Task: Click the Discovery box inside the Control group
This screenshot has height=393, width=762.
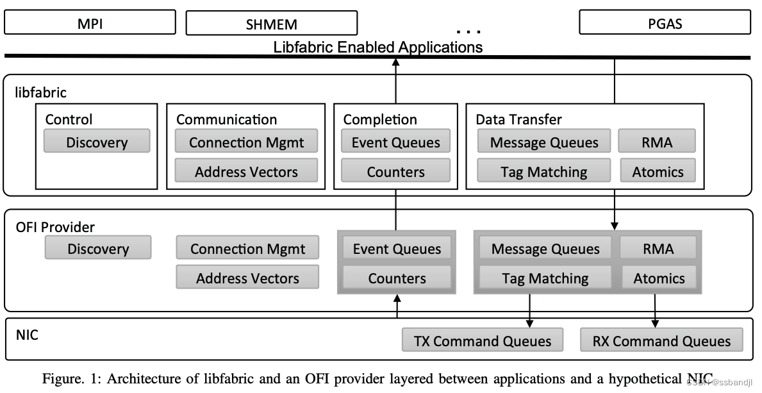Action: pyautogui.click(x=97, y=142)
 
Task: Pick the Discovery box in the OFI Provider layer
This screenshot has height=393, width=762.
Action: pyautogui.click(x=98, y=248)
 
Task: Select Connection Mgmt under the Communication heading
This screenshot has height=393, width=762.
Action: pyautogui.click(x=246, y=142)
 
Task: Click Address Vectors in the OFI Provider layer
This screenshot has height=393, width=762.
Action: pyautogui.click(x=247, y=278)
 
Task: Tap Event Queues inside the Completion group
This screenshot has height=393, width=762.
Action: pyautogui.click(x=395, y=142)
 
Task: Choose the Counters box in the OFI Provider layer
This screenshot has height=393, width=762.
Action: pyautogui.click(x=397, y=278)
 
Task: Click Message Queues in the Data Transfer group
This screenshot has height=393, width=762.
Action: pyautogui.click(x=544, y=142)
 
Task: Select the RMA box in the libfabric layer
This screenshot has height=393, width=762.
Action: pyautogui.click(x=657, y=142)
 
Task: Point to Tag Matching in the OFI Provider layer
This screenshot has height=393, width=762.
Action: pyautogui.click(x=545, y=278)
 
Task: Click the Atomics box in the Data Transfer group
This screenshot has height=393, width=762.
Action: pyautogui.click(x=658, y=171)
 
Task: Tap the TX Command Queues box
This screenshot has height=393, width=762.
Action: pyautogui.click(x=483, y=340)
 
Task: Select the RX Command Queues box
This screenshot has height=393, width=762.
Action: pyautogui.click(x=661, y=340)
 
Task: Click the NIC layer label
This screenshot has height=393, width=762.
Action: pyautogui.click(x=26, y=334)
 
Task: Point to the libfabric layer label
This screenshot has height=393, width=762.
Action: pyautogui.click(x=41, y=93)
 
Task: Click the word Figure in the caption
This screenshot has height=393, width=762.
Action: pyautogui.click(x=62, y=379)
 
